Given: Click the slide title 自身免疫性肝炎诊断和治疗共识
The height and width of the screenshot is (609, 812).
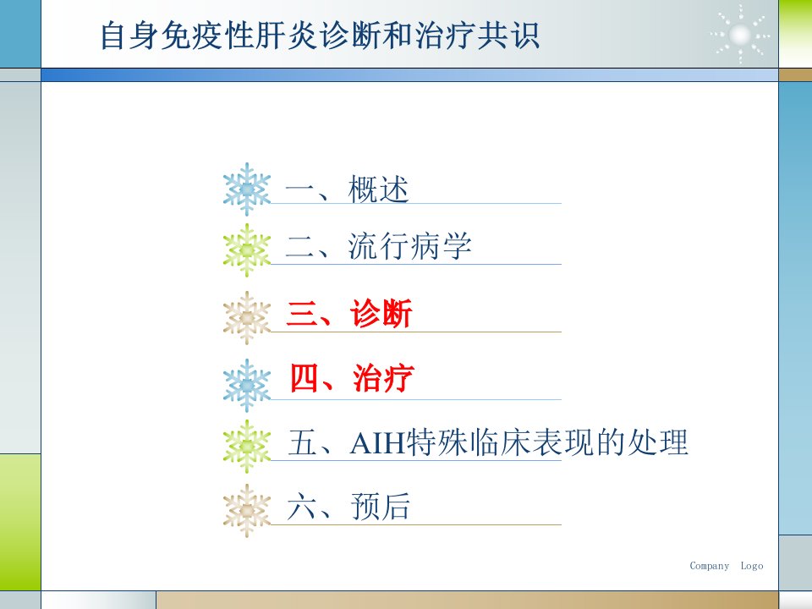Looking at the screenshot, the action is (320, 36).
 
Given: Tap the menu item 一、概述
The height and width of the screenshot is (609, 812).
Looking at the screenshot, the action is (347, 189).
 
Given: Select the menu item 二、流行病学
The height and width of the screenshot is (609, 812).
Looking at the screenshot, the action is (379, 246).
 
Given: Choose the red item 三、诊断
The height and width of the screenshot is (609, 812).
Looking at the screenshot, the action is (349, 313).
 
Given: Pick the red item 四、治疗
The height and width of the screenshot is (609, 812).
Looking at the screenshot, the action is (352, 377).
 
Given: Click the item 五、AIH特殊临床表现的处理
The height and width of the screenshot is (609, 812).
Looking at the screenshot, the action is (488, 442).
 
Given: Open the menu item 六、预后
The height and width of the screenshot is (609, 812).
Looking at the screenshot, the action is (348, 506).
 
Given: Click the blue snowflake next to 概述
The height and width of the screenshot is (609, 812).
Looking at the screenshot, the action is (247, 189).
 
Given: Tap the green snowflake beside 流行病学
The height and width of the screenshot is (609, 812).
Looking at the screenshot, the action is (247, 250).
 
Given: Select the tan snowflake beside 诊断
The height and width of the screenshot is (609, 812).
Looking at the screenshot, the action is (247, 317).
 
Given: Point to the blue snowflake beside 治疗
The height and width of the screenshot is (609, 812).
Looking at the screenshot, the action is (247, 386).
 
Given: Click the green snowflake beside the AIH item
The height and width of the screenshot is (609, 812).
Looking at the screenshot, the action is (247, 446).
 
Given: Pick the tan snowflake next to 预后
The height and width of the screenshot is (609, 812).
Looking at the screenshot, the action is (247, 511).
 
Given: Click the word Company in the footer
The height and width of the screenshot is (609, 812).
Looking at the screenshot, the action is (709, 566).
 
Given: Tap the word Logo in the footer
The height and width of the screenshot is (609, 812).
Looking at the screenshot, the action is (751, 566).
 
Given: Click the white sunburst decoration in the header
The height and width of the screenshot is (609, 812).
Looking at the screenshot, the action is (740, 35).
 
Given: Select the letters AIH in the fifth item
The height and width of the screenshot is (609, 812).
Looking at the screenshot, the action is (377, 442).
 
